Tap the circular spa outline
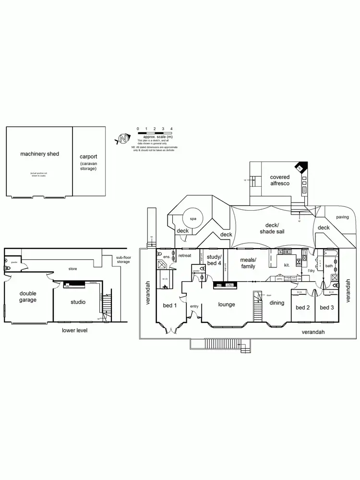(193, 219)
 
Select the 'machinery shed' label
(39, 154)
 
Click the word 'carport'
(88, 156)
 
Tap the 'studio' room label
(78, 302)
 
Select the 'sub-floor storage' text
(123, 260)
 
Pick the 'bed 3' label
(326, 307)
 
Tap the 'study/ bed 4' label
(214, 260)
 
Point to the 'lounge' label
(226, 304)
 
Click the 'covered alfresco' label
(279, 180)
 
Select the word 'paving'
(342, 216)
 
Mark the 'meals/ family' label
(248, 263)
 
